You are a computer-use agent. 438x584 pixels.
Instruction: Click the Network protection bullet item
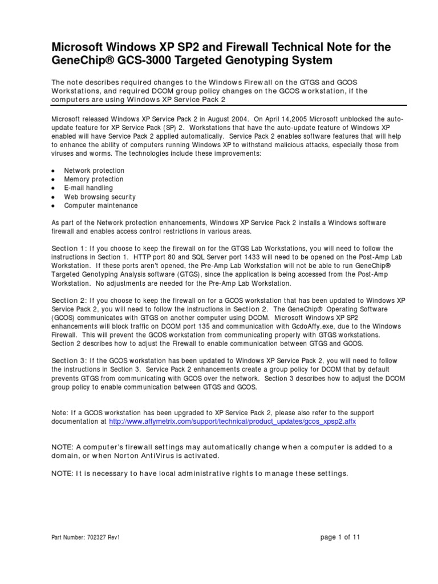[94, 171]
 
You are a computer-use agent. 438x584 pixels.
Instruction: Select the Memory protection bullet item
[93, 179]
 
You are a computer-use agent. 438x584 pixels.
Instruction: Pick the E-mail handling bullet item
[88, 188]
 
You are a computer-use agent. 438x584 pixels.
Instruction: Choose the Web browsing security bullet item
[99, 197]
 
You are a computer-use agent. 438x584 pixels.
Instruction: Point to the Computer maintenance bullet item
[100, 205]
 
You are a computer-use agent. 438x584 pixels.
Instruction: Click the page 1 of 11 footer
[340, 537]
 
